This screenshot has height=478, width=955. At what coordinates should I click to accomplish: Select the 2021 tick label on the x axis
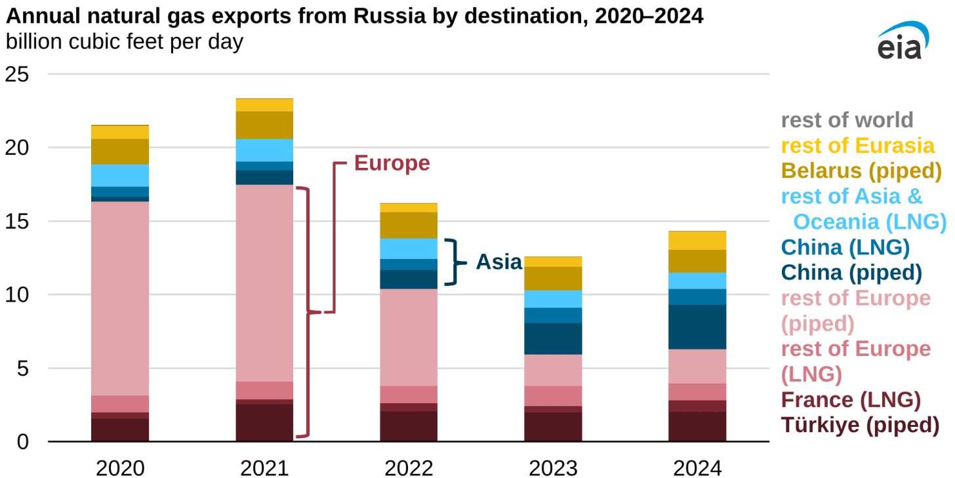pos(264,468)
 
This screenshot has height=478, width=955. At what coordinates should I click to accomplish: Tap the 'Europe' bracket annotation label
pos(392,163)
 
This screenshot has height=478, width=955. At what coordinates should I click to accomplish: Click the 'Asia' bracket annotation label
pos(498,262)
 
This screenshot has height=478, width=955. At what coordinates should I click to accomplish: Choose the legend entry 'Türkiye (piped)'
pos(859,425)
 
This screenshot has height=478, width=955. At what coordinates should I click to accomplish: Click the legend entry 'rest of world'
pos(847,120)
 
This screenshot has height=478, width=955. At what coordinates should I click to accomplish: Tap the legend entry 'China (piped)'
pos(851,271)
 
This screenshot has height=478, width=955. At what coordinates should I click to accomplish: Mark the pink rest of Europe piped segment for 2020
pos(120,298)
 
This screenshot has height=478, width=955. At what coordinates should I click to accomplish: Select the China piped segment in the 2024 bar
pos(697,327)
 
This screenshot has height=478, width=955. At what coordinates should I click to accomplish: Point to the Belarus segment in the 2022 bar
pos(409,225)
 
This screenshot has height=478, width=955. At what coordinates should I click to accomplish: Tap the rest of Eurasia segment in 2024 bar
pos(697,241)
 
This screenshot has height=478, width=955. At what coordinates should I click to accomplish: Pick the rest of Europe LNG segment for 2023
pos(553,395)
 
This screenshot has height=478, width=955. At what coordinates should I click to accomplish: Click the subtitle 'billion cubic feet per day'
pos(124,41)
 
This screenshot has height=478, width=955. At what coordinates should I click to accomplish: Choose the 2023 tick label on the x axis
pos(553,468)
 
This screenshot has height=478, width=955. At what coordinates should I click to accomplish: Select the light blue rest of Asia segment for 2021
pos(264,149)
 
